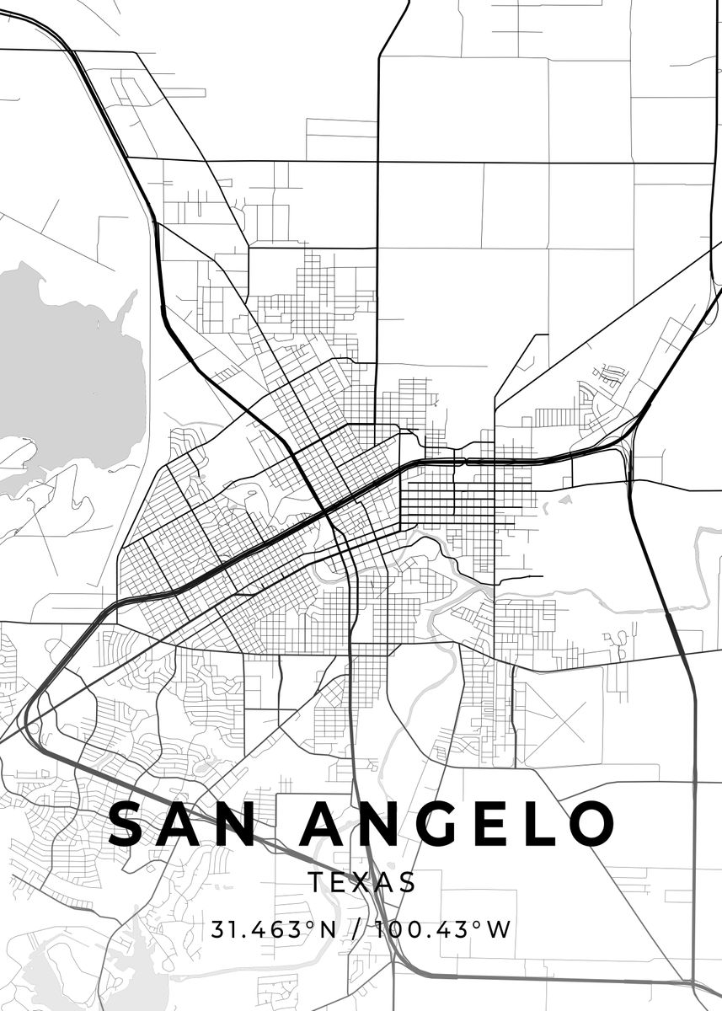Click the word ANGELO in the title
457,824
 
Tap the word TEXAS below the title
361,883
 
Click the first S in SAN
128,824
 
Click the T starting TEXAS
315,883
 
